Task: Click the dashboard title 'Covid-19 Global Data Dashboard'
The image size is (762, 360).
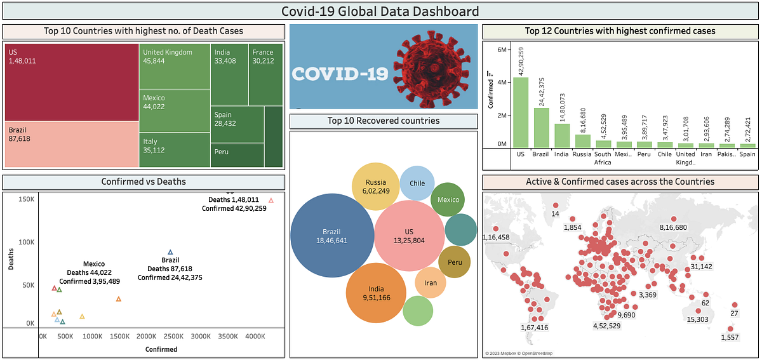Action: pos(380,11)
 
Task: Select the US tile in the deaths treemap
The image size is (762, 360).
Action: pos(72,81)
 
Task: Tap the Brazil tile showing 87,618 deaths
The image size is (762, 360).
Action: pos(72,144)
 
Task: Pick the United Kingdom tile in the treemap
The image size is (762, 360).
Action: pos(175,65)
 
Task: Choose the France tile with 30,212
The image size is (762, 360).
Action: pos(265,73)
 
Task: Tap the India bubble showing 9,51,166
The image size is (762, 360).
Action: pos(375,293)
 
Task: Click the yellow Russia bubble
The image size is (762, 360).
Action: pos(376,187)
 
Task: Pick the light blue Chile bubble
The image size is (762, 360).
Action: pos(417,183)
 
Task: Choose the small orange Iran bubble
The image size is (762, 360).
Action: pos(431,283)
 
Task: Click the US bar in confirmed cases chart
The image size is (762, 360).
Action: pos(521,113)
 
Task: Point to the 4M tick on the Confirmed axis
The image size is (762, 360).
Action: pos(502,83)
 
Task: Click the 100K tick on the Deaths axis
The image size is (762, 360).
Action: pos(26,243)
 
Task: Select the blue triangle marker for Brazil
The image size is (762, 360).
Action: pos(170,252)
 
